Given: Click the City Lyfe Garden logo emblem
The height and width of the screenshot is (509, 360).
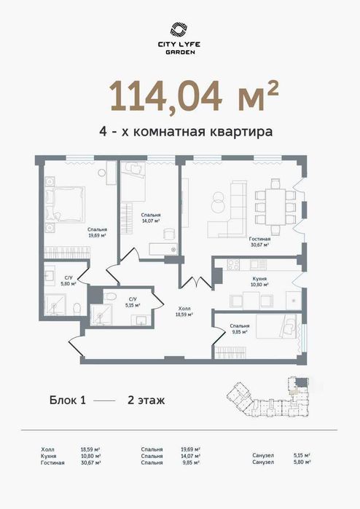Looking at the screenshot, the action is pyautogui.click(x=179, y=30).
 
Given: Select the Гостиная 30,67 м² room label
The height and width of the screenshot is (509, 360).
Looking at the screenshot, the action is pyautogui.click(x=259, y=242).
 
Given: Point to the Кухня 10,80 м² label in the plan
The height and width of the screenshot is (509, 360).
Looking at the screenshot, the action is pyautogui.click(x=259, y=282).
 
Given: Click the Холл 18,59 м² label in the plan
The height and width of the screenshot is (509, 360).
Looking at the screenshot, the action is pyautogui.click(x=184, y=312).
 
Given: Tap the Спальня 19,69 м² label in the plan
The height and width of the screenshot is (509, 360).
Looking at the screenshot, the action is pyautogui.click(x=98, y=232).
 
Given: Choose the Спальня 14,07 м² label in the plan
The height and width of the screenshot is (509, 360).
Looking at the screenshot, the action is pyautogui.click(x=151, y=218).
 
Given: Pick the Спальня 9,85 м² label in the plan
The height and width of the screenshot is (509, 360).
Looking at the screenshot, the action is pyautogui.click(x=239, y=328).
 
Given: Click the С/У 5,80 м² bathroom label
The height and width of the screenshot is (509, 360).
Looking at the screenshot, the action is pyautogui.click(x=69, y=280).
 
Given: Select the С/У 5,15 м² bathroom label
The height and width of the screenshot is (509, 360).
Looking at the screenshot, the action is pyautogui.click(x=132, y=302).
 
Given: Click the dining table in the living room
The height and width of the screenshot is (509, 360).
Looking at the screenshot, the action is pyautogui.click(x=275, y=207).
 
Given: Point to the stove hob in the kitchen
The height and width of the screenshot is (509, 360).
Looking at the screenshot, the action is pyautogui.click(x=232, y=264).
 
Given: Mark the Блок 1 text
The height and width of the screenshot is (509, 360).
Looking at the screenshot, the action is pyautogui.click(x=68, y=400).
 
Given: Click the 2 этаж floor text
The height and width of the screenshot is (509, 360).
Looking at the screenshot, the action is pyautogui.click(x=146, y=400).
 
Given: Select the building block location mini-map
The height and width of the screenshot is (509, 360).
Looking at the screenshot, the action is pyautogui.click(x=267, y=397).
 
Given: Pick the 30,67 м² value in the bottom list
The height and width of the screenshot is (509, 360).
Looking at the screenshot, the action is pyautogui.click(x=90, y=462).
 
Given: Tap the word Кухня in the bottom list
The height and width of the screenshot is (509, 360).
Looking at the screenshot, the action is pyautogui.click(x=48, y=456).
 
